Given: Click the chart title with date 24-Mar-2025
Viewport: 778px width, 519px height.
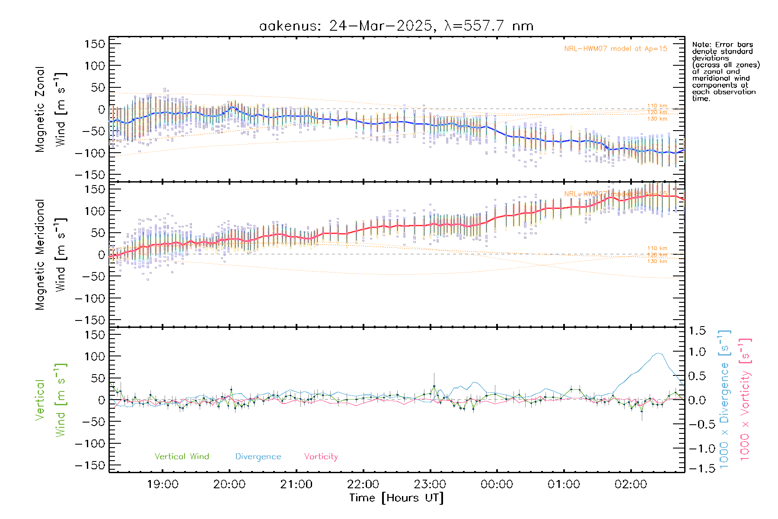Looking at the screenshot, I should coord(396,26).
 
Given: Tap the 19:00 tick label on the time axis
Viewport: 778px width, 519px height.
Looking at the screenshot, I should coord(163,484).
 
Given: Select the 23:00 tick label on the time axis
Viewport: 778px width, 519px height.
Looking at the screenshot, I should coord(430,484).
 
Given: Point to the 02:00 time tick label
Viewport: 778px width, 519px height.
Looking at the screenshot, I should coord(631,484).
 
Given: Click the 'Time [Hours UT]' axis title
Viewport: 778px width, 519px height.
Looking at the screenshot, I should coord(396,498).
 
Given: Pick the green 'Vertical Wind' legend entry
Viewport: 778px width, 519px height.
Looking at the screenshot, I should coord(182,456).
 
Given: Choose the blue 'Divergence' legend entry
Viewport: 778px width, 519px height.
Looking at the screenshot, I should coord(258,456).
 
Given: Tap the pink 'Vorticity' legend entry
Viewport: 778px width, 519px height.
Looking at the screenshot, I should coord(321,456).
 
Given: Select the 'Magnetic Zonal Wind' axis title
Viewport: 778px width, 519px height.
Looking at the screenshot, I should coord(51,109).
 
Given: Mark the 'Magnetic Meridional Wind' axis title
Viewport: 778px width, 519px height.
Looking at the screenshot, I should coord(51,254).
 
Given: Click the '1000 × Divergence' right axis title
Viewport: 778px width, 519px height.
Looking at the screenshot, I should coord(724,399).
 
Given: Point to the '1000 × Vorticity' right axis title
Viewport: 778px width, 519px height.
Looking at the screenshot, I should coord(745,399).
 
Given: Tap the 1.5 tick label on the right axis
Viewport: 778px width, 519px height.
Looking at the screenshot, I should coord(697,331).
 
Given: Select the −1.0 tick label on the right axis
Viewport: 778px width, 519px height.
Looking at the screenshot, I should coord(697,449).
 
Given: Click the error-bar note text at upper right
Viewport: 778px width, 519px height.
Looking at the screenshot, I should coord(725,71).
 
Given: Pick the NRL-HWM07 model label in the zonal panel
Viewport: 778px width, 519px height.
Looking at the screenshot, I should coord(615,49).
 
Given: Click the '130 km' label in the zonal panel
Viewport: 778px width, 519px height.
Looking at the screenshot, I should coord(657,119).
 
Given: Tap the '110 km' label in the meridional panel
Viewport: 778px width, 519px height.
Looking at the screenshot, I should coord(657,248).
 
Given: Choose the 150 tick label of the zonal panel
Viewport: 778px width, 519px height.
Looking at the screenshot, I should coord(95,44).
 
